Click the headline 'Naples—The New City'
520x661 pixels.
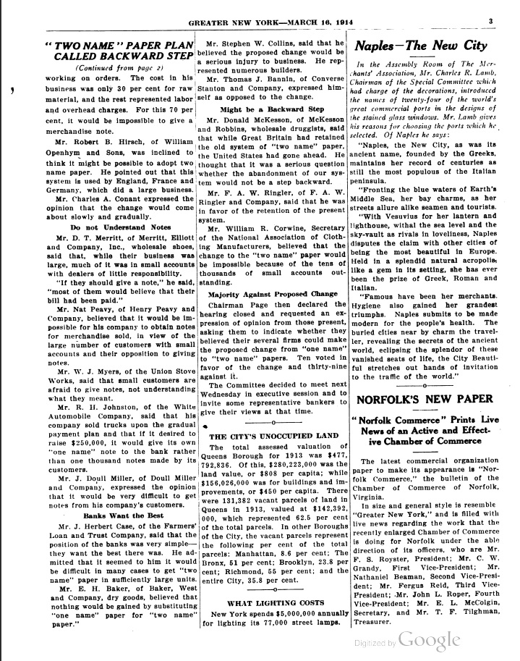pos(420,46)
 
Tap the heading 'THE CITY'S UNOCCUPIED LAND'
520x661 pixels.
pos(273,437)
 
